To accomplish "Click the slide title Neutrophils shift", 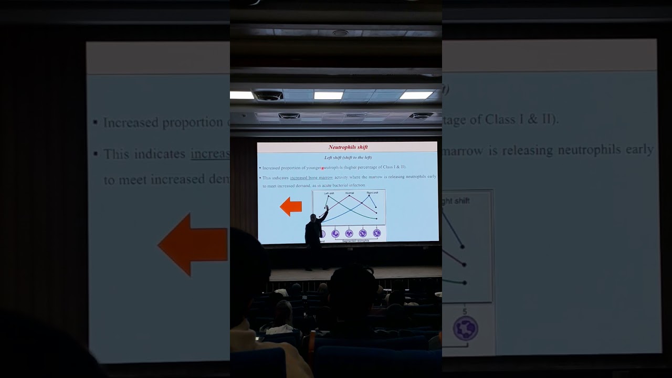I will [x=348, y=148].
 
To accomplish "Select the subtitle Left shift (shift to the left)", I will [x=348, y=157].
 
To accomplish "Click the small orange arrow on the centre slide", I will [x=291, y=207].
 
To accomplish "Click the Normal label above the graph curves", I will [x=350, y=193].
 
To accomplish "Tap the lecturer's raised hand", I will [x=327, y=208].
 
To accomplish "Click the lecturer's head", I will [x=313, y=217].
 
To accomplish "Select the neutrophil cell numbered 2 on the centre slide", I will [x=335, y=233].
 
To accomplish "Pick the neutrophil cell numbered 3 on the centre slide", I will [x=349, y=233].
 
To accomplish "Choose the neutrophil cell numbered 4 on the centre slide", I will [x=362, y=233].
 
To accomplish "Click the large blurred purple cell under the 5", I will [x=465, y=328].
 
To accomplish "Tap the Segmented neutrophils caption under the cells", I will [x=355, y=241].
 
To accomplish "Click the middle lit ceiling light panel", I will [x=328, y=96].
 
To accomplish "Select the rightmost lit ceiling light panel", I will [x=416, y=95].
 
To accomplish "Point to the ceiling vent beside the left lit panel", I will [x=269, y=96].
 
